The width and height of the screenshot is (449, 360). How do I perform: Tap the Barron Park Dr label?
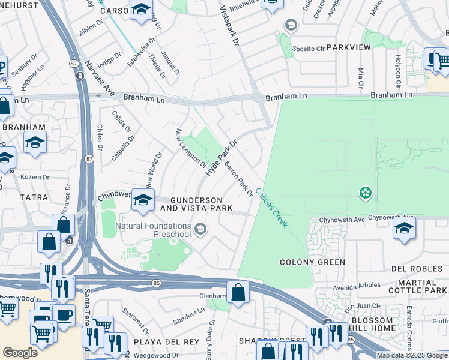coord(238,178)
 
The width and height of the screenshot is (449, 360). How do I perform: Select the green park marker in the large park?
coord(364,193)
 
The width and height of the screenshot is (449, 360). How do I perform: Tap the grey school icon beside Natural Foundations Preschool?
coord(201,229)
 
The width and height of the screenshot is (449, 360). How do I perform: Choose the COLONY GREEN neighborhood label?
coord(312,262)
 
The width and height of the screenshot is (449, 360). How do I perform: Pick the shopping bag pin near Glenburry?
coord(238,292)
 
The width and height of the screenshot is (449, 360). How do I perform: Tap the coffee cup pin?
coord(63,314)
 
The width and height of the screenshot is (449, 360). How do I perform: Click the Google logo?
coord(20,353)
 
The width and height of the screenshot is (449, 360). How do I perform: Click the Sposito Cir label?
coord(308,46)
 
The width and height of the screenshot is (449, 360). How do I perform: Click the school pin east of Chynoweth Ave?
coord(405,229)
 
